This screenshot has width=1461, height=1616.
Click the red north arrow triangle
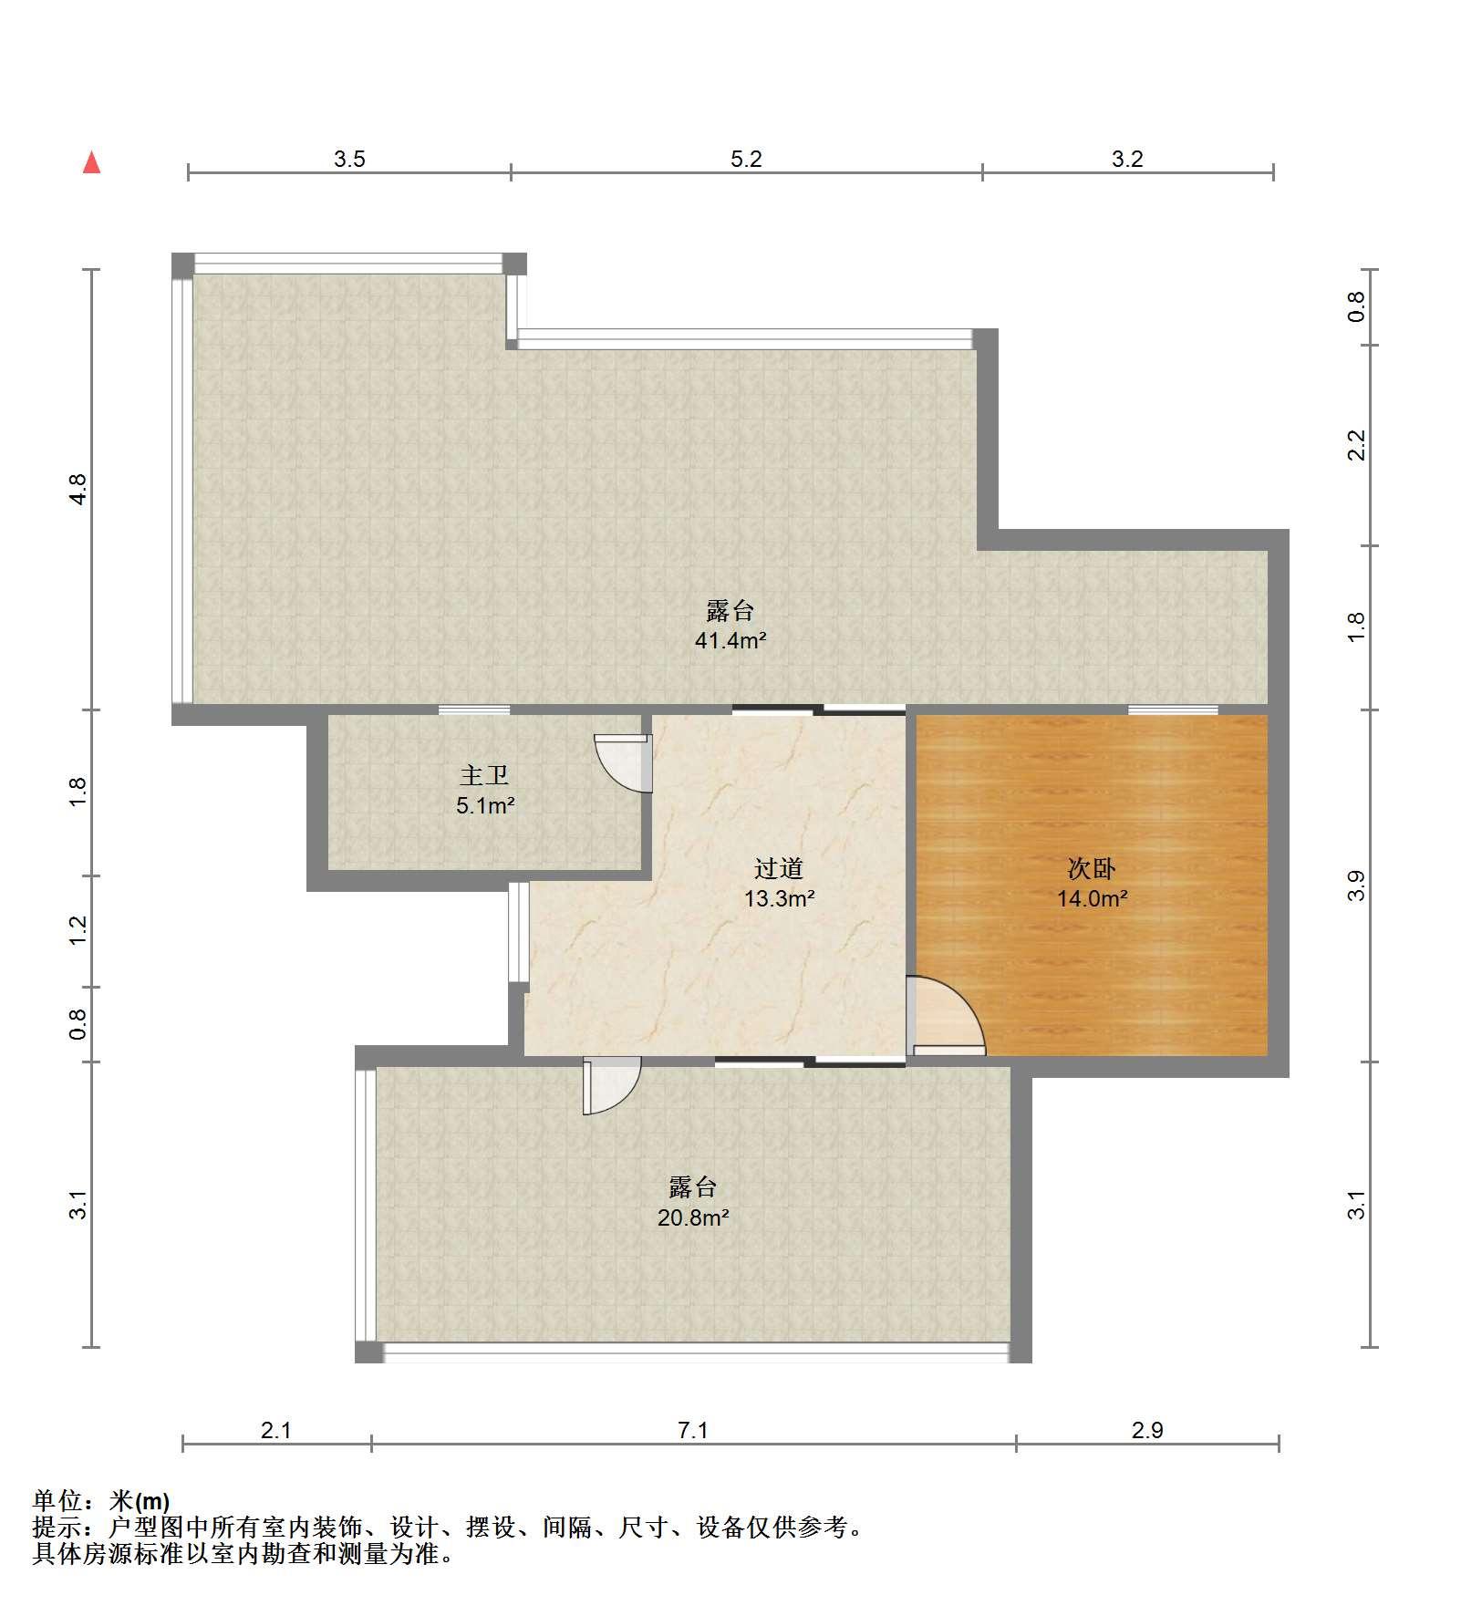[91, 162]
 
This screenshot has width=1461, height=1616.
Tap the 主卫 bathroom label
[484, 776]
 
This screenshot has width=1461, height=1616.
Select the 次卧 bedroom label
[1092, 868]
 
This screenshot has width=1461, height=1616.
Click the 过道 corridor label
[779, 868]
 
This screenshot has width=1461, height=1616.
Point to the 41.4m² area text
[730, 640]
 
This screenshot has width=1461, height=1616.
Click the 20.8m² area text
[693, 1217]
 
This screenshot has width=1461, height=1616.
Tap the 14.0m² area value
[1093, 898]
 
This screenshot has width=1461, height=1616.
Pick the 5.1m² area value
[486, 806]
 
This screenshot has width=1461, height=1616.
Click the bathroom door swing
[624, 763]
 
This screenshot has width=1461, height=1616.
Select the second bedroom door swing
[946, 1016]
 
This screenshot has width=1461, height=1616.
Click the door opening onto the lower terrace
[612, 1085]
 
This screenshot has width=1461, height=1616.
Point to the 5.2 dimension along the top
[746, 160]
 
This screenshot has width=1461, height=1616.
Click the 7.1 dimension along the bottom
[693, 1430]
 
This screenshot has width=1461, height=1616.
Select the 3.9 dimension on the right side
[1357, 886]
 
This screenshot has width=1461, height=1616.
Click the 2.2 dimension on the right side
[1357, 445]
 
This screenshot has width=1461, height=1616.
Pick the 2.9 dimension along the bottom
[1147, 1430]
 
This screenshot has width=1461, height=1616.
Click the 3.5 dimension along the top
[349, 160]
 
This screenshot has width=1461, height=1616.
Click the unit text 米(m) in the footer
[140, 1500]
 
